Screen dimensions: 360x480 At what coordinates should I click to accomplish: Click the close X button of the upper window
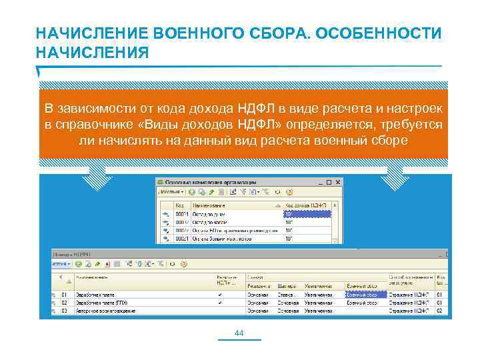click(x=339, y=182)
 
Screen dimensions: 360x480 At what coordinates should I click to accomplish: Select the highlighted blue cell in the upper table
click(x=307, y=215)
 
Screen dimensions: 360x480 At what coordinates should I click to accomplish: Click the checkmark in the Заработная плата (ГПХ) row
click(x=221, y=302)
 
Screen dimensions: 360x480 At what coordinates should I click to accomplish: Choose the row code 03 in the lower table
click(x=65, y=311)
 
